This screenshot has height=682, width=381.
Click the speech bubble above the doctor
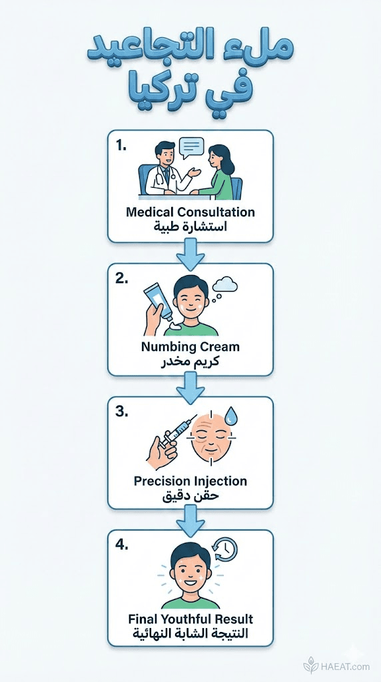(191, 148)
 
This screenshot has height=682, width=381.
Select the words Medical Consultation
(190, 212)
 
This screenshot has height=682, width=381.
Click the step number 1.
(121, 146)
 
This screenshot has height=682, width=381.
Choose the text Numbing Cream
(190, 346)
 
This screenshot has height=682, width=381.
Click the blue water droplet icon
(231, 416)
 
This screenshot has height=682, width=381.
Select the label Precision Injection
(190, 481)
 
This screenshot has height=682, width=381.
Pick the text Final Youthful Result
(190, 619)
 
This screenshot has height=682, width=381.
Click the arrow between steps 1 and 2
(190, 254)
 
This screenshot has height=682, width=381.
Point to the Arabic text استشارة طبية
(190, 226)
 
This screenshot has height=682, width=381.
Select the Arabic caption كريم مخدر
(190, 361)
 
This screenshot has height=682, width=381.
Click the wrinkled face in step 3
(211, 437)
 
